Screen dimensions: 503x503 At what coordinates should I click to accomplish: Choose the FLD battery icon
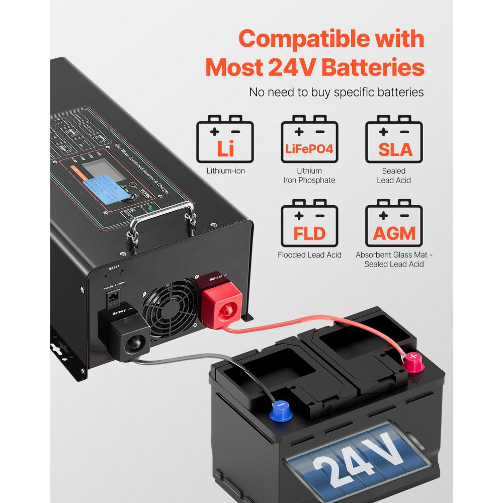pos(309,224)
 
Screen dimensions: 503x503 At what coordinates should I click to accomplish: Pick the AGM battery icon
pos(394,224)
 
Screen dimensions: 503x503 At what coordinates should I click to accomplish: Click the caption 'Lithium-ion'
pos(225,171)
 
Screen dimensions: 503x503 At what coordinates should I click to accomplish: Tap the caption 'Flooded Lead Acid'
pos(309,255)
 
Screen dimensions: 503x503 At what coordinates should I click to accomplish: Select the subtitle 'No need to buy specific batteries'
pos(337,93)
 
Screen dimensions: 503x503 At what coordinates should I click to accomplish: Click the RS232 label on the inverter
pos(114,269)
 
